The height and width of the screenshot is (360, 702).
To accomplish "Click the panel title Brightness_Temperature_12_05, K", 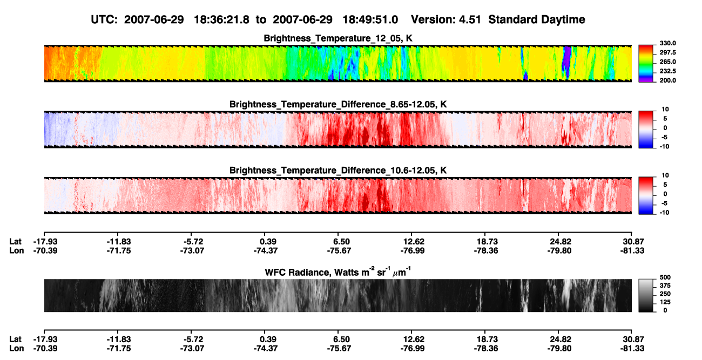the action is coord(338,38).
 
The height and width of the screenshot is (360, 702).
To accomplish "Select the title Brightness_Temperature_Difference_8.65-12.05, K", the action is coord(338,104).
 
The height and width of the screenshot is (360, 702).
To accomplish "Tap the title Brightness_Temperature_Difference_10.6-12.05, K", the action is coord(338,171).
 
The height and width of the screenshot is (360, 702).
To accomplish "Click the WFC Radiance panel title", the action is coord(338,272).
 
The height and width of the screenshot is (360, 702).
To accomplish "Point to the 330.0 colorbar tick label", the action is coord(667,43).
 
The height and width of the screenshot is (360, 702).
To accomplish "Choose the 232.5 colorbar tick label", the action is coord(667,71).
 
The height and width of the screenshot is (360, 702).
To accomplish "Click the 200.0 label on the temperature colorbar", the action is coord(667,80).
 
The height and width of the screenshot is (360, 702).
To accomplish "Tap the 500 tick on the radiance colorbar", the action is coord(665,277).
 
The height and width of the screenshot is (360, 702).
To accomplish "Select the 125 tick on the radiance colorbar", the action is coord(665,302).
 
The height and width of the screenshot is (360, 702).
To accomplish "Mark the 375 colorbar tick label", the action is coord(665,286).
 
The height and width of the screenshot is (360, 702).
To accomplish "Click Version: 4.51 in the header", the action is coord(446,19).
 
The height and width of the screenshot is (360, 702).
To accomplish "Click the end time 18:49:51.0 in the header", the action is coord(370,19).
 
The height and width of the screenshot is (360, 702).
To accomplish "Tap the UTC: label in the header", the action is coord(104,19).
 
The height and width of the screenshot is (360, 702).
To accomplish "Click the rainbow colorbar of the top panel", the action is coord(646,64).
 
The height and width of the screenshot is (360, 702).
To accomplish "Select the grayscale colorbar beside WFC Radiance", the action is coord(646,295).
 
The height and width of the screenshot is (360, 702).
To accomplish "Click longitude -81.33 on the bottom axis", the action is coord(632,348).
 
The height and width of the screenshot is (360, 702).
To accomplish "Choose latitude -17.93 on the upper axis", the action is coord(45,242).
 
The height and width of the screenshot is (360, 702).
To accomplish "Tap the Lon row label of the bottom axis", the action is coord(16,348).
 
